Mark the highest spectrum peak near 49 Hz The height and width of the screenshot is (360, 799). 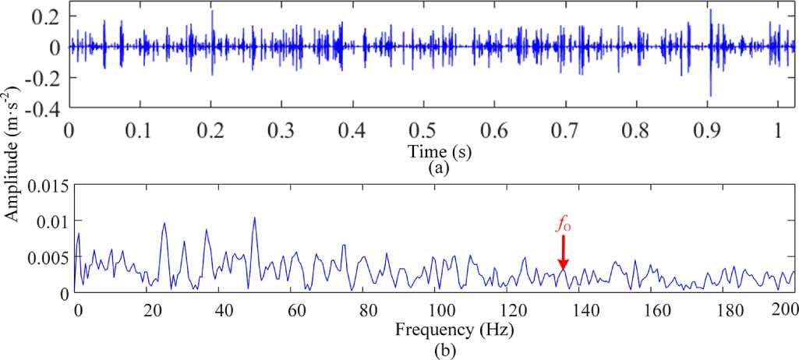[254, 218]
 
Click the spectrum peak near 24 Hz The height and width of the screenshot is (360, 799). [164, 224]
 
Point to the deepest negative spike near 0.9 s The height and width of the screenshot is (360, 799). [710, 95]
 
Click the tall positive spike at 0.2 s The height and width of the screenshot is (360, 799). [212, 11]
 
